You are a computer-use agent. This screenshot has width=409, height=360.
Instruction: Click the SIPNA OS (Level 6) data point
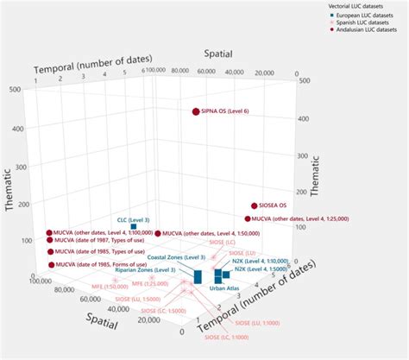196,111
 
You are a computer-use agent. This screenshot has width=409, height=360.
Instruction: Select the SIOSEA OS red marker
254,206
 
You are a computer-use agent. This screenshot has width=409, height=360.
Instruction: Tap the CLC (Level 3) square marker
133,227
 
